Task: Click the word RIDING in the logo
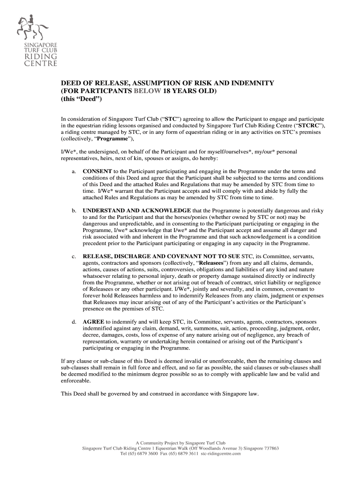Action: coord(41,57)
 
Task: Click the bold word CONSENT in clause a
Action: coord(97,172)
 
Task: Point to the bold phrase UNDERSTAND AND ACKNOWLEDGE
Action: coord(137,211)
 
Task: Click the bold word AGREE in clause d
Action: coord(94,322)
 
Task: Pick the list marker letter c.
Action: coord(74,257)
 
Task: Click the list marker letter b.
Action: coord(74,211)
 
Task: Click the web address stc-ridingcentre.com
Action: coord(221,453)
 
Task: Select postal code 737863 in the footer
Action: coord(269,448)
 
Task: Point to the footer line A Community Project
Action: coord(180,443)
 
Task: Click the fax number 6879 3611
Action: coord(184,453)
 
